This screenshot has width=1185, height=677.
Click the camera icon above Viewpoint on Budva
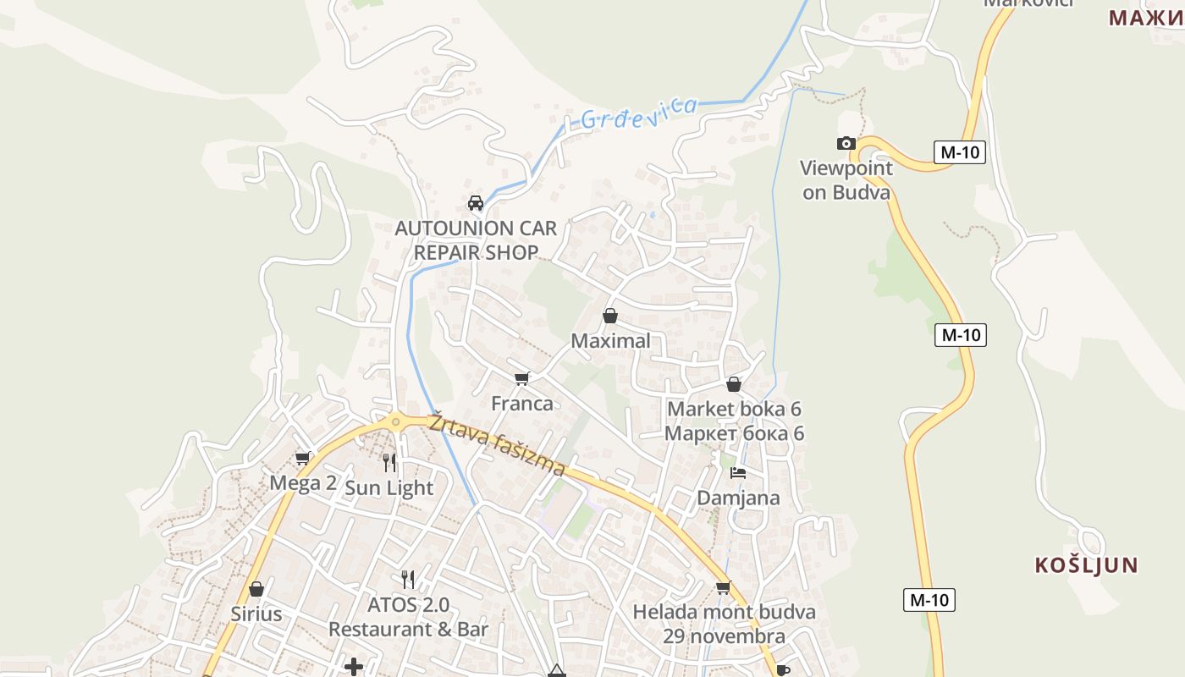pyautogui.click(x=846, y=144)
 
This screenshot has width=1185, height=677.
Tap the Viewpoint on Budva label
pyautogui.click(x=846, y=180)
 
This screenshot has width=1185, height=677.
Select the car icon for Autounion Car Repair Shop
pyautogui.click(x=476, y=203)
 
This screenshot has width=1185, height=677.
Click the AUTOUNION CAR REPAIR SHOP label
pyautogui.click(x=476, y=240)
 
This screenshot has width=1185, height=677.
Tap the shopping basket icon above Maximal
pyautogui.click(x=610, y=316)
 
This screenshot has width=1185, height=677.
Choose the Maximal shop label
pyautogui.click(x=611, y=341)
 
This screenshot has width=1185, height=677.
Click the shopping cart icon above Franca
pyautogui.click(x=522, y=378)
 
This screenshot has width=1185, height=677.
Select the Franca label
pyautogui.click(x=522, y=404)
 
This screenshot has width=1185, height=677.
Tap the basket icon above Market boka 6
pyautogui.click(x=734, y=385)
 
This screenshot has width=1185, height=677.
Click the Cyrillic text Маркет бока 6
pyautogui.click(x=734, y=434)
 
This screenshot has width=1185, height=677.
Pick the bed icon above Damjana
pyautogui.click(x=738, y=473)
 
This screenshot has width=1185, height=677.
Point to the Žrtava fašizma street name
pyautogui.click(x=496, y=444)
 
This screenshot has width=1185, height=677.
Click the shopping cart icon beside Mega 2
pyautogui.click(x=302, y=459)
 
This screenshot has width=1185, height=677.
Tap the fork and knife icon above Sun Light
pyautogui.click(x=389, y=462)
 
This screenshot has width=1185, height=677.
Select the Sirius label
pyautogui.click(x=256, y=614)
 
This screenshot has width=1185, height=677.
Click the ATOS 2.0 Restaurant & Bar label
pyautogui.click(x=408, y=618)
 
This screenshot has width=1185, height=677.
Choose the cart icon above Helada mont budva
pyautogui.click(x=724, y=587)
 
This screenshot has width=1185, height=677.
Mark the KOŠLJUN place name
pyautogui.click(x=1086, y=565)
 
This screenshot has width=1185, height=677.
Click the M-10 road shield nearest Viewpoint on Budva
pyautogui.click(x=960, y=152)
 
